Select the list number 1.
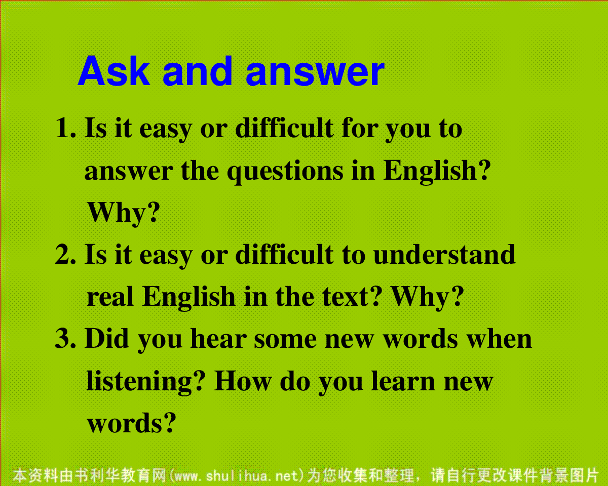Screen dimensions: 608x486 coord(66,128)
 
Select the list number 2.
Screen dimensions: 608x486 coord(65,255)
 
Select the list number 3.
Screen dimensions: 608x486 coord(65,339)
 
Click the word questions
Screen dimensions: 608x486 coord(285,172)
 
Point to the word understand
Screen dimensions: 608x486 coord(444,255)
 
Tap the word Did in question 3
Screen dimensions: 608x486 coord(107,338)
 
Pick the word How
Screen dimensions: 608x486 coord(242,381)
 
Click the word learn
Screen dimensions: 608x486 coord(403,381)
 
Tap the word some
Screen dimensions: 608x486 coord(285,341)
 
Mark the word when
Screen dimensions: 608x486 coord(499,338)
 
